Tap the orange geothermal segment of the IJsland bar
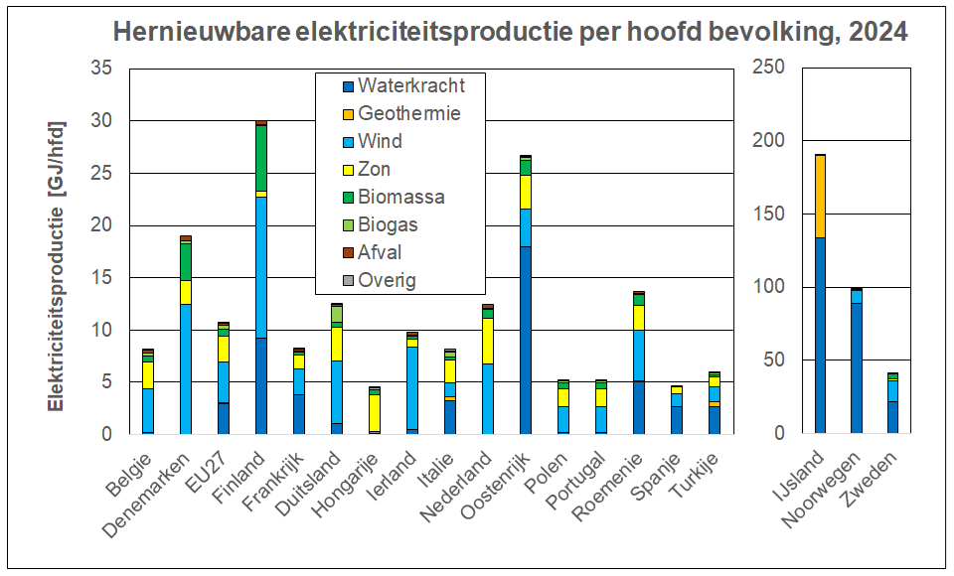[820, 197]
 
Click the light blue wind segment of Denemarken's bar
[185, 368]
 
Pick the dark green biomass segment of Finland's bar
[261, 158]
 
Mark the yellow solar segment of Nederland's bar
[487, 341]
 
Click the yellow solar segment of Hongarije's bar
[374, 412]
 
